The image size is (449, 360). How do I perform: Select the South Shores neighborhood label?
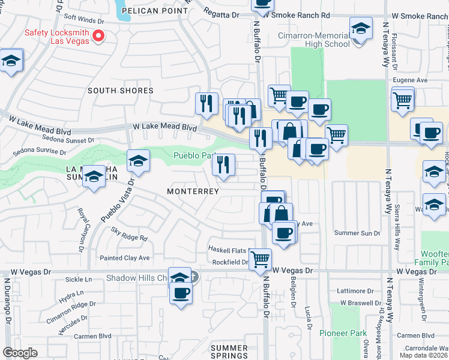coord(121,91)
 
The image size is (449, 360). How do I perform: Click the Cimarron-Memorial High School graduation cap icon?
coord(360,29)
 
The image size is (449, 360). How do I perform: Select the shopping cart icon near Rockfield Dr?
coord(260,259)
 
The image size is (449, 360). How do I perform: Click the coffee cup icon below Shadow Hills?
coord(181,293)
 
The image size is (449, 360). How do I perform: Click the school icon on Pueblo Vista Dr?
coord(138,161)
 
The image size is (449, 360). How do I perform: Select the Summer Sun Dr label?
coord(357,233)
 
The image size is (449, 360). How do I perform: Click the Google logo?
coord(19,353)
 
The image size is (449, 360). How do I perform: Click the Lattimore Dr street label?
coord(355,290)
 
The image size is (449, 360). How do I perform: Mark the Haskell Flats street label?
coord(228,250)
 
